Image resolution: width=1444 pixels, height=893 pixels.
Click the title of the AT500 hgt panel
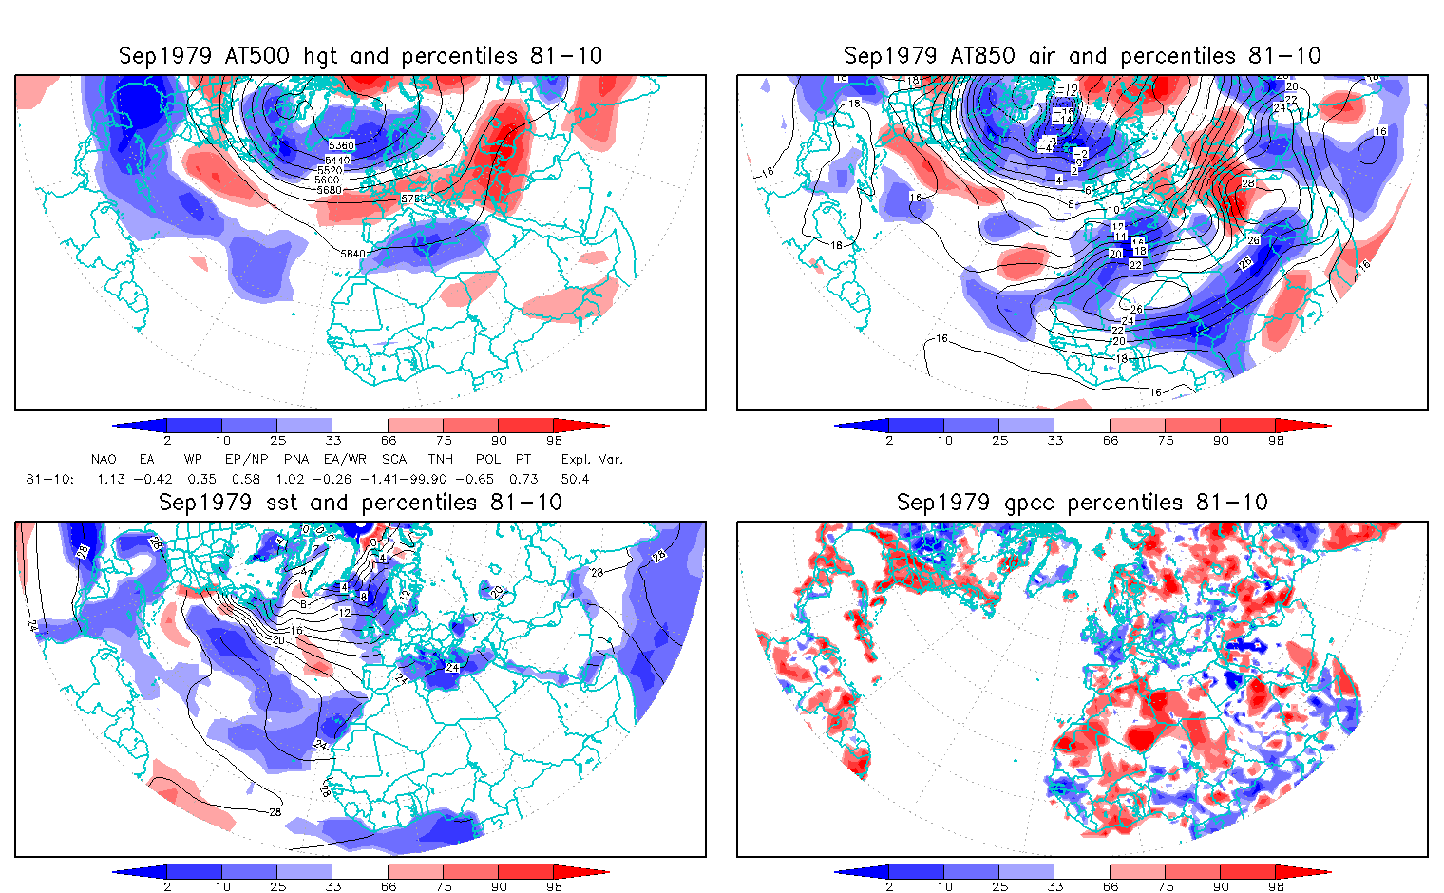coord(360,56)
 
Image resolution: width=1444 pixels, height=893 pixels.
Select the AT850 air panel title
coord(1082,56)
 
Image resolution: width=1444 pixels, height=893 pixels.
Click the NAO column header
coord(104,459)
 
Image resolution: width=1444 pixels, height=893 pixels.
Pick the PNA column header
coord(296,459)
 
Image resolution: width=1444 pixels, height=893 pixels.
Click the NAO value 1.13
coord(111,479)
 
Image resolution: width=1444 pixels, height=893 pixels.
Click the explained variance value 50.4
coord(575,479)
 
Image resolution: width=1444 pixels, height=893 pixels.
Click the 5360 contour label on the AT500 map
coord(341,145)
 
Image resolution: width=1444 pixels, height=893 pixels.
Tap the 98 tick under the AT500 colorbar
coord(554,441)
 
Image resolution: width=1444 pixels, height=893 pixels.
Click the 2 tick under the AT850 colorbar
coord(889,441)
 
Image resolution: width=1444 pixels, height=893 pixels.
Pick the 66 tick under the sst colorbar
coord(389,887)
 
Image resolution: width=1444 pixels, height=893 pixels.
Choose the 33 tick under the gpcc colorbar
coord(1055,887)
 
